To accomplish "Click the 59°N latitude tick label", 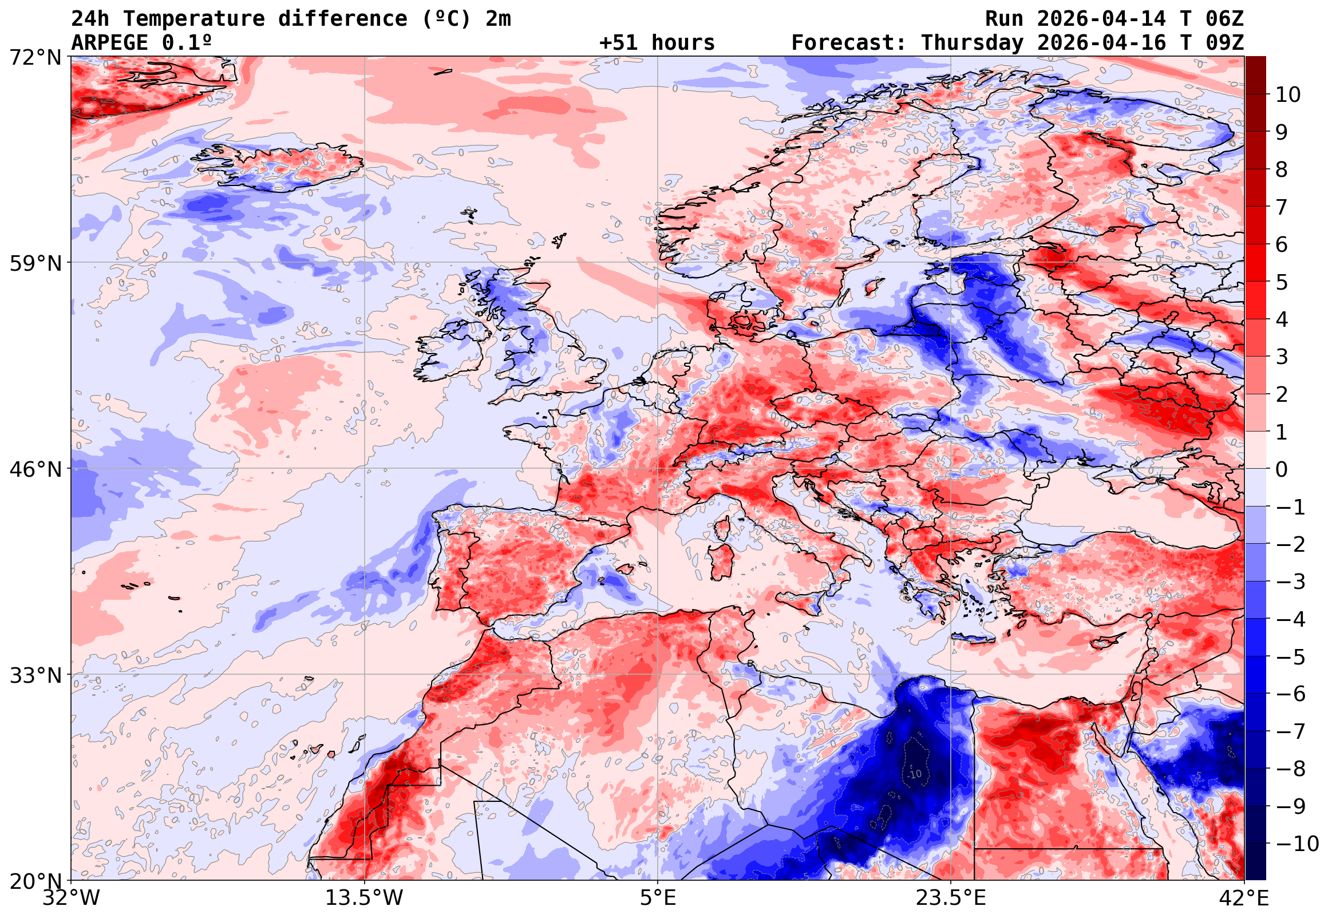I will tap(35, 263).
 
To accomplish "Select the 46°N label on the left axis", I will tap(35, 469).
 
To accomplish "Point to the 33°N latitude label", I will tap(35, 675).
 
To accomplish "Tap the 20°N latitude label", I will tap(35, 881).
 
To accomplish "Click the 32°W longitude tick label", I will tap(72, 898).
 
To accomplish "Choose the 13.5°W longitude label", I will tap(365, 898).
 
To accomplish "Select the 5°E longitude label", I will tap(658, 898).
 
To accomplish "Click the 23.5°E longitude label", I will tap(951, 898).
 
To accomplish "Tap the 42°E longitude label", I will tap(1244, 898).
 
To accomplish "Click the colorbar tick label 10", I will tap(1289, 95).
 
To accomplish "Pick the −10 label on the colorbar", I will tap(1297, 844).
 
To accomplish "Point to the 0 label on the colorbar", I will tap(1282, 469).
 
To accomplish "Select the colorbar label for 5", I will tap(1282, 282).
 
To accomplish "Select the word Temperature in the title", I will tap(194, 19).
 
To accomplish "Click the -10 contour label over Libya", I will tap(915, 774).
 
